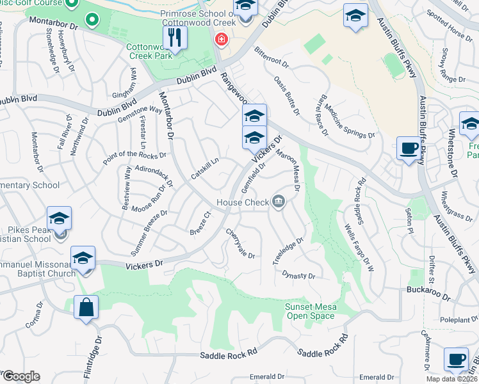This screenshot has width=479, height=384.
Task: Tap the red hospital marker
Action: coord(222,40)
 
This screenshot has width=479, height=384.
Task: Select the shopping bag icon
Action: coord(86,308)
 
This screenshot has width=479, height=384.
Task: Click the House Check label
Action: coord(242,202)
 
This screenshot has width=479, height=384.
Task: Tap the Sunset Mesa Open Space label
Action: coord(310,311)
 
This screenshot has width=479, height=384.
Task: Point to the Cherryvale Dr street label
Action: coord(240,243)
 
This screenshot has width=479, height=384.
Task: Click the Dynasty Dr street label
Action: coord(298,275)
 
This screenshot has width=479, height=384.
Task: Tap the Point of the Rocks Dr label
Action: coord(134,156)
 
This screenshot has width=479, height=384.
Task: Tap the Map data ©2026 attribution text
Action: coord(451,379)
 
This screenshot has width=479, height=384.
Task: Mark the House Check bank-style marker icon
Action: coord(279,202)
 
